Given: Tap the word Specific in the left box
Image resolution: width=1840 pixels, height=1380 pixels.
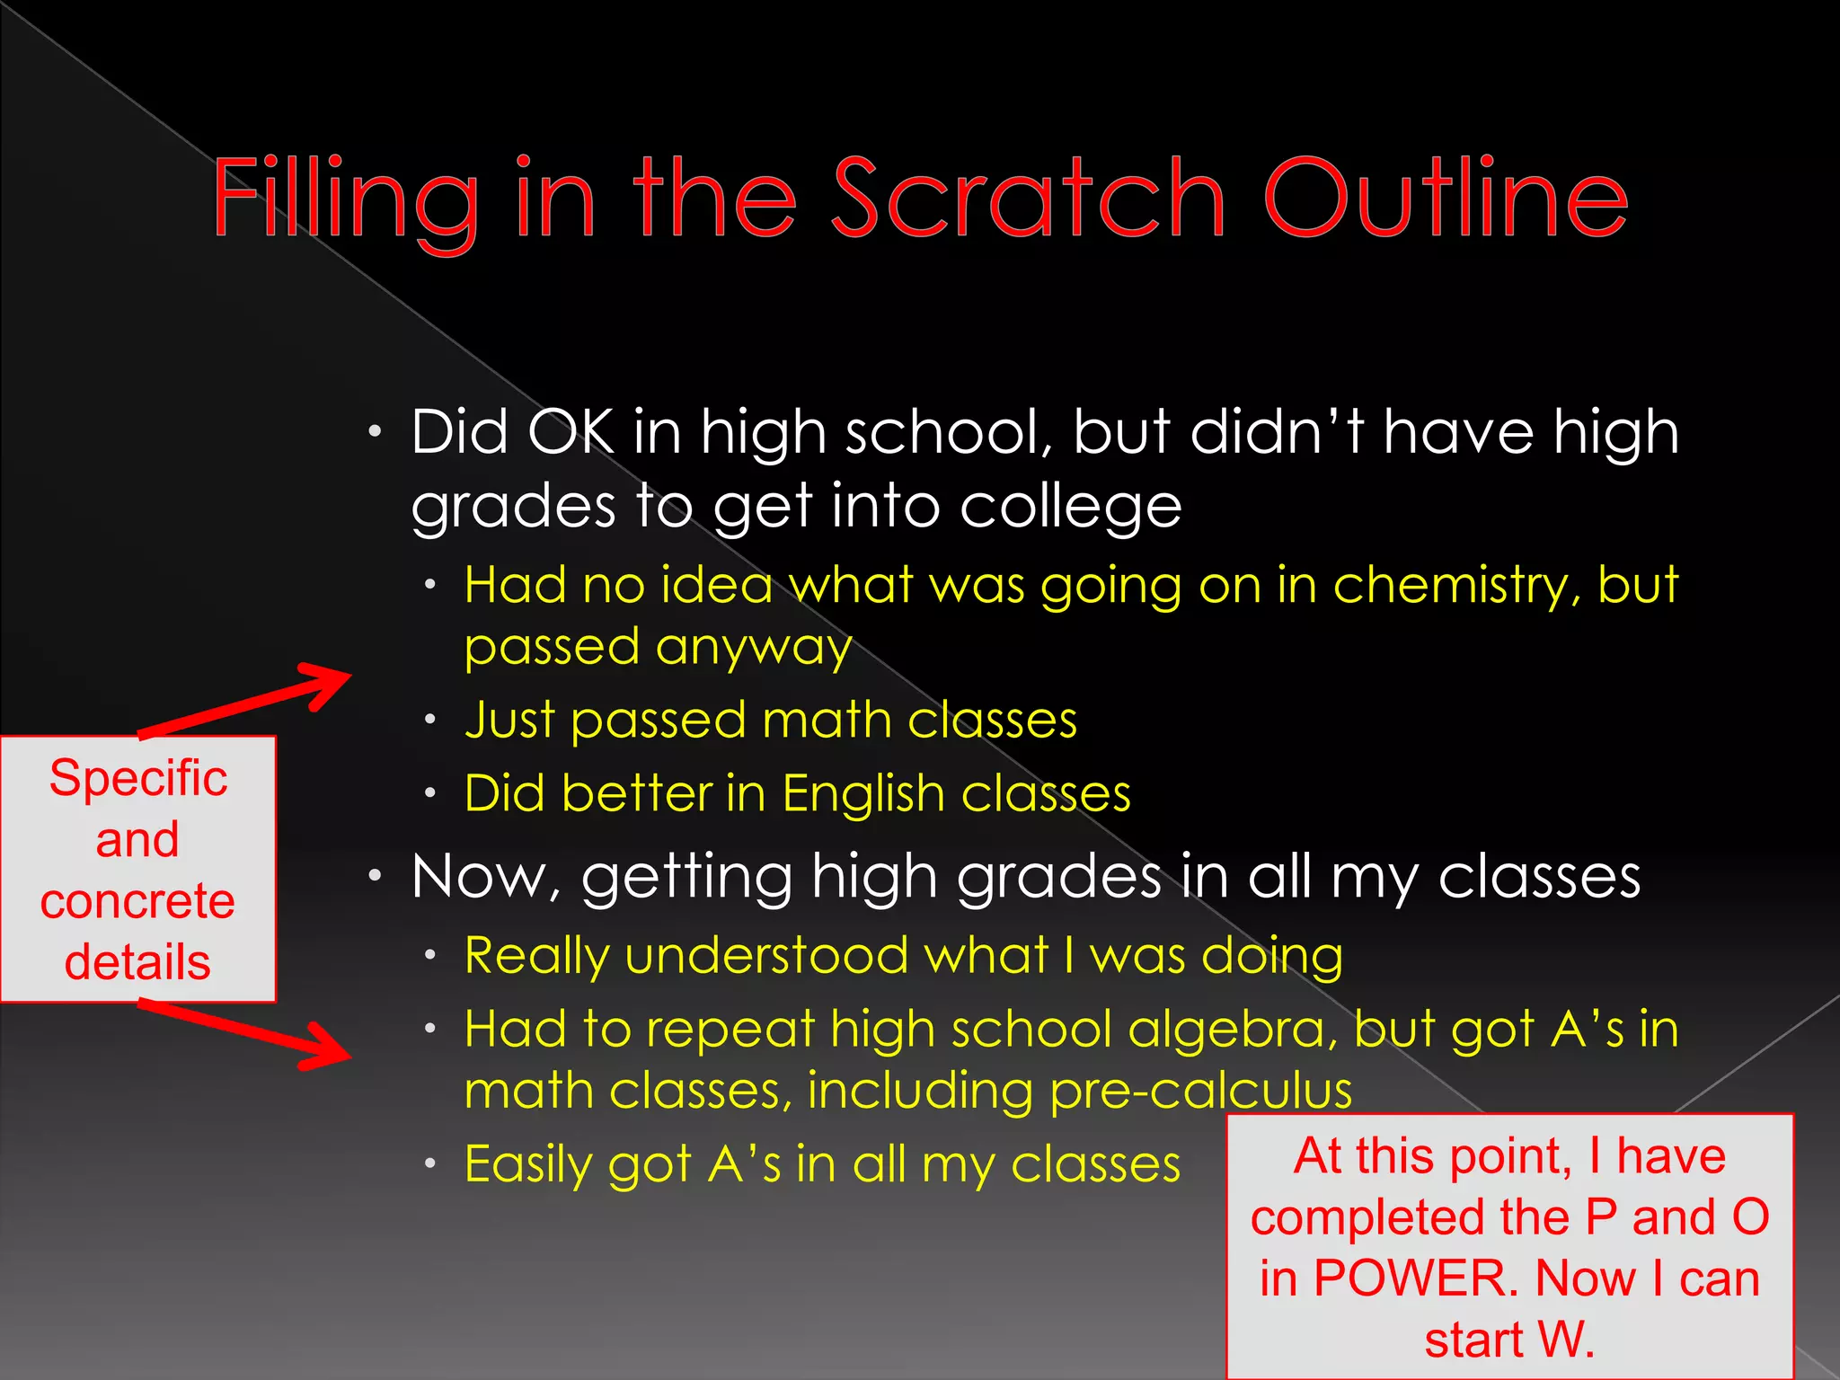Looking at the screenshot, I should click(138, 778).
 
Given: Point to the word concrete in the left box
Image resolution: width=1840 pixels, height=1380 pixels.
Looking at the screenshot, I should click(138, 901).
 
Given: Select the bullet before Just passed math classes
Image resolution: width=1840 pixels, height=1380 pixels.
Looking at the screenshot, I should click(430, 720).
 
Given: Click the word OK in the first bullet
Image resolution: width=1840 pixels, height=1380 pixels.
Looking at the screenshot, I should click(571, 433).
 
